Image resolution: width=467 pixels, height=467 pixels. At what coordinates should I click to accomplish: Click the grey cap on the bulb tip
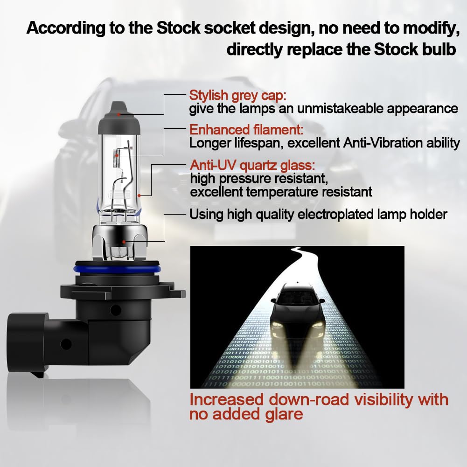pos(119,118)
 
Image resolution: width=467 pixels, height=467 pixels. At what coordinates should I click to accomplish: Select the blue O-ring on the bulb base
pos(119,269)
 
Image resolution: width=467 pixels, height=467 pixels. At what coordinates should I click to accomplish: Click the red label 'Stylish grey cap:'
pos(237,96)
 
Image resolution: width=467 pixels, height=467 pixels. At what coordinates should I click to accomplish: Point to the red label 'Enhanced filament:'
pos(246,130)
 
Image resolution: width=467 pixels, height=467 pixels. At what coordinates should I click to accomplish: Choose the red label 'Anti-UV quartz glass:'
pos(252,165)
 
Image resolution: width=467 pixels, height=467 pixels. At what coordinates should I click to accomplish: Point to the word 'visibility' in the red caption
pos(383,400)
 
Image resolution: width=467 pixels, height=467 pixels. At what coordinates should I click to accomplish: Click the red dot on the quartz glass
pos(139,195)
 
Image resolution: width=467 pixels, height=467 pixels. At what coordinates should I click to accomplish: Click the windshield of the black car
pos(297,297)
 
